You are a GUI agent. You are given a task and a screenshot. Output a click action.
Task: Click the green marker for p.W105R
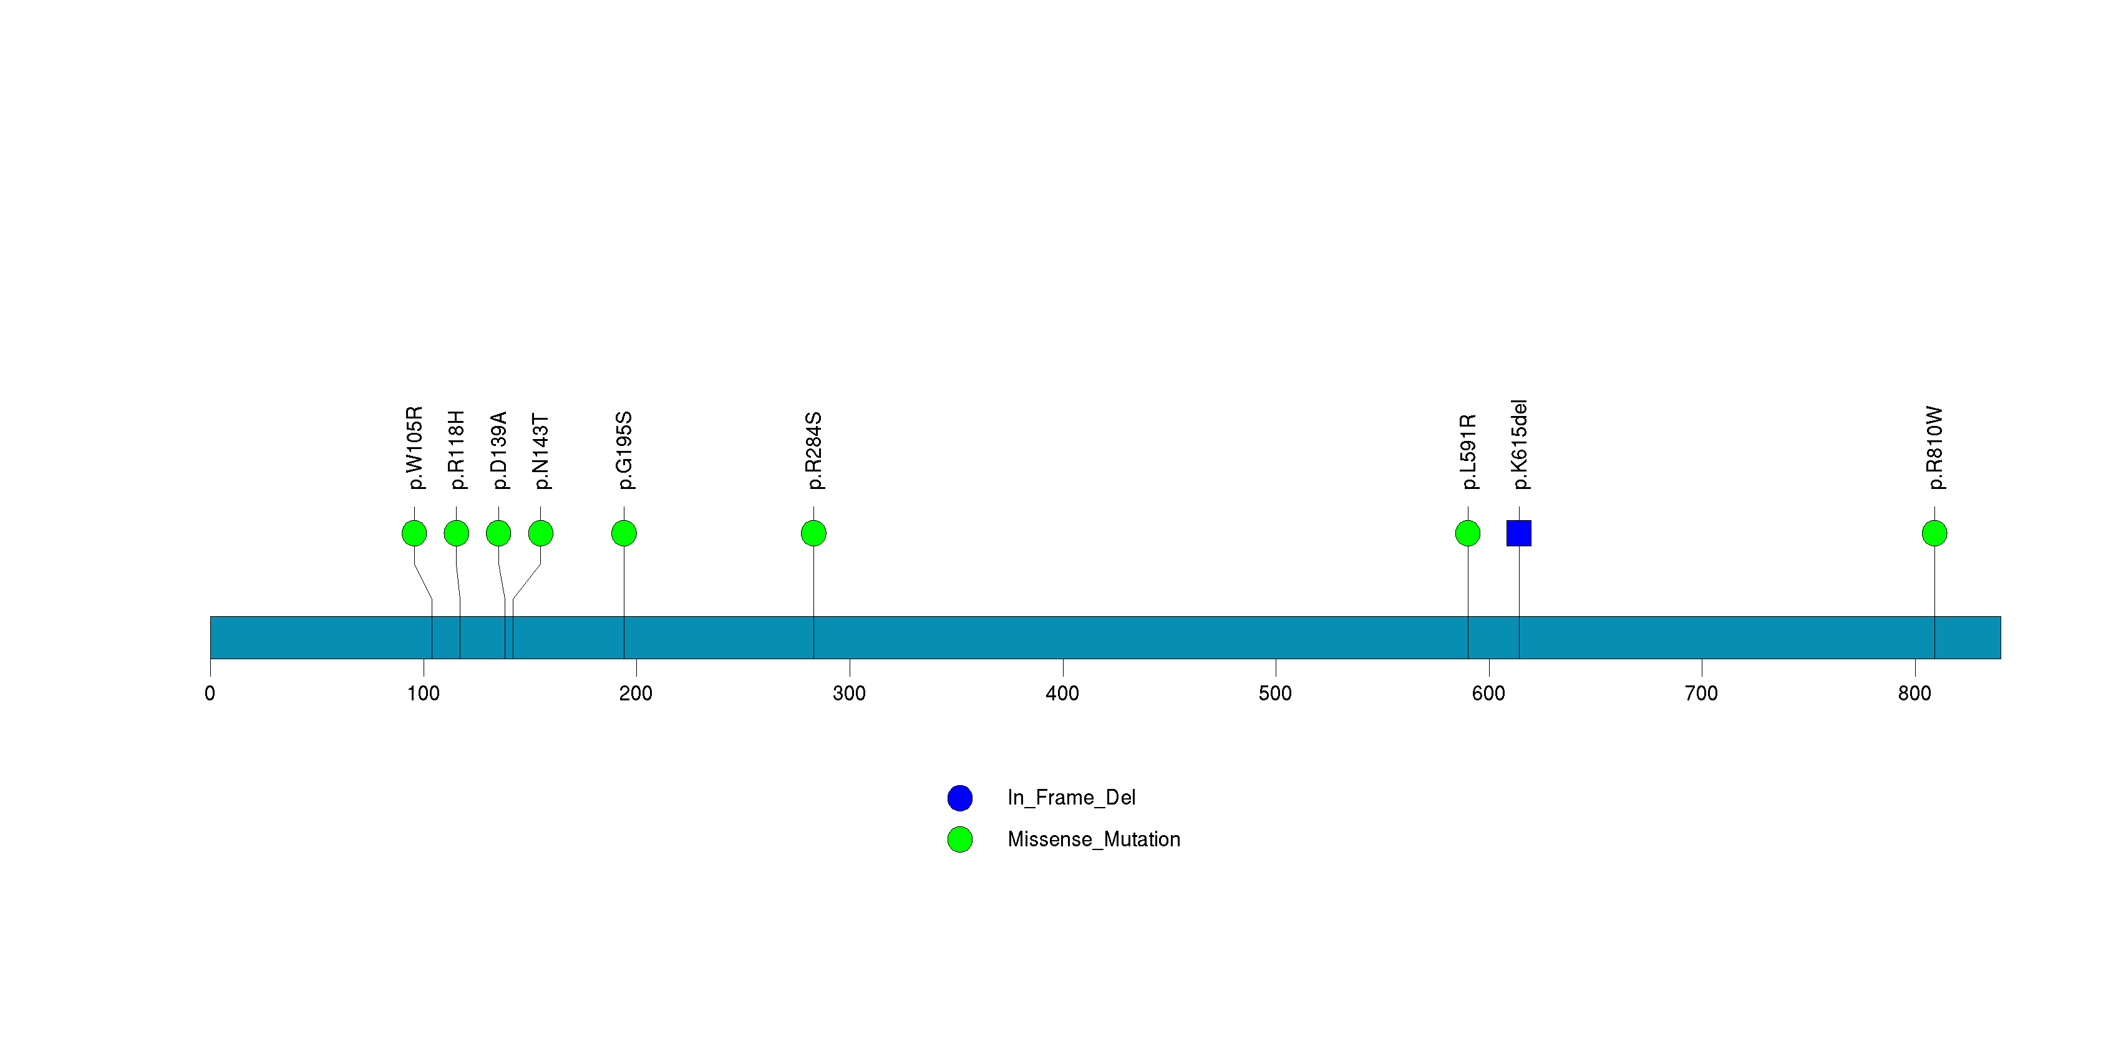[x=414, y=533]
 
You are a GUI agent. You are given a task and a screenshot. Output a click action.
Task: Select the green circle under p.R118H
[x=456, y=533]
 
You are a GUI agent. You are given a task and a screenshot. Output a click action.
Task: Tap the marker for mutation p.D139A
[x=498, y=533]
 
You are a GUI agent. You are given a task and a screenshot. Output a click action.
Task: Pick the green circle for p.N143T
[x=540, y=533]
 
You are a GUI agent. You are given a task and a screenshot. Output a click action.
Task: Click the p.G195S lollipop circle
[x=624, y=533]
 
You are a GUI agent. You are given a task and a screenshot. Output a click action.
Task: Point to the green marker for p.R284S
[x=813, y=533]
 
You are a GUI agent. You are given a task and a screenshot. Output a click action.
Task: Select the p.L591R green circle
[x=1467, y=533]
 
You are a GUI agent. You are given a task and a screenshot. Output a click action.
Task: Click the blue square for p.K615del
[x=1519, y=533]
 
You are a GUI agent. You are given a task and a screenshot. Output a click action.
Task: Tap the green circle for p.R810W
[x=1934, y=533]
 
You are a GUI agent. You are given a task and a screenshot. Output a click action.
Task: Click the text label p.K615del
[x=1519, y=445]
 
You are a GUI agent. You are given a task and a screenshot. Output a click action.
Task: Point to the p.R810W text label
[x=1934, y=448]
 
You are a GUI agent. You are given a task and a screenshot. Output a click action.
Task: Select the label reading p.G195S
[x=624, y=450]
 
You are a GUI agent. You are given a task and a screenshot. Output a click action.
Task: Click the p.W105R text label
[x=414, y=448]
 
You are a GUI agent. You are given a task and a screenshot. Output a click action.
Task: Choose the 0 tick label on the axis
[x=210, y=694]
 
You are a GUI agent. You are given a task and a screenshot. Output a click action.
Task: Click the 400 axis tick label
[x=1062, y=694]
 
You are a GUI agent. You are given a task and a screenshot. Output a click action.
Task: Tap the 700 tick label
[x=1701, y=694]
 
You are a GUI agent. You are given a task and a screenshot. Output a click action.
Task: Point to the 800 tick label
[x=1914, y=694]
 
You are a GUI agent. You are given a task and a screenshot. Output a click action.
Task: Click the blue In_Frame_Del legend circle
[x=960, y=798]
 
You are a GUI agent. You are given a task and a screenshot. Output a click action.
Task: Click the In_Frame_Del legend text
[x=1071, y=798]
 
